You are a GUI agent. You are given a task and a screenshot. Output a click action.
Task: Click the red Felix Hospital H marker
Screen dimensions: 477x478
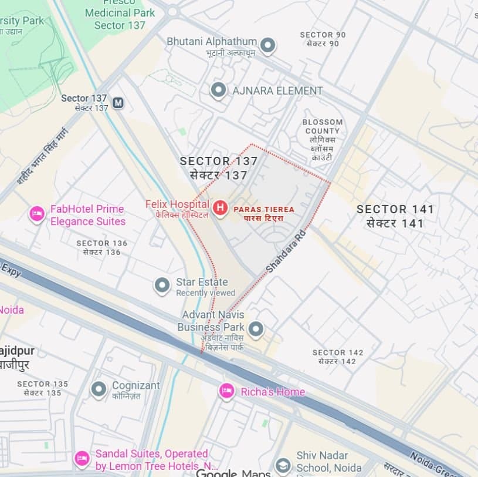pyautogui.click(x=220, y=208)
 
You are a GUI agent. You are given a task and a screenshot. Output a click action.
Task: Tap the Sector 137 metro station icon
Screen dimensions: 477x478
pyautogui.click(x=118, y=103)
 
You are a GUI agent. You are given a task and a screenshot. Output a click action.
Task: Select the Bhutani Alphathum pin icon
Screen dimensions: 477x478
pyautogui.click(x=268, y=45)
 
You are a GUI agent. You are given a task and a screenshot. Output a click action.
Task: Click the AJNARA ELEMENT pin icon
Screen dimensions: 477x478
pyautogui.click(x=219, y=90)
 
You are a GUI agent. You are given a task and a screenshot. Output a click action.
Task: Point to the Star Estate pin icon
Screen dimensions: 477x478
pyautogui.click(x=162, y=285)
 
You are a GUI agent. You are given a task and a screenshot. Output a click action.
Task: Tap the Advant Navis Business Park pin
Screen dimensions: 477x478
pyautogui.click(x=255, y=329)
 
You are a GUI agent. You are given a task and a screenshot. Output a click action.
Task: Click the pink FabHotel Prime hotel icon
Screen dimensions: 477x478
pyautogui.click(x=37, y=214)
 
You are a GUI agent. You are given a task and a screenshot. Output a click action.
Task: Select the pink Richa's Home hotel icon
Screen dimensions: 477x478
pyautogui.click(x=227, y=391)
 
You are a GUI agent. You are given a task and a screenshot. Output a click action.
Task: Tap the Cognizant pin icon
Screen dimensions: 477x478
pyautogui.click(x=99, y=388)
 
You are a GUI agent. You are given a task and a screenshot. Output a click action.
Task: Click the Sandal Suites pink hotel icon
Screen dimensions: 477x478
pyautogui.click(x=82, y=458)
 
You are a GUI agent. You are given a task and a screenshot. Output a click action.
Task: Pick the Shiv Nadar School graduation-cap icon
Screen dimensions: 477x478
pyautogui.click(x=283, y=466)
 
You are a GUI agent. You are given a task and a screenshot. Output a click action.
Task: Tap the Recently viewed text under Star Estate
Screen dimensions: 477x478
pyautogui.click(x=205, y=293)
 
